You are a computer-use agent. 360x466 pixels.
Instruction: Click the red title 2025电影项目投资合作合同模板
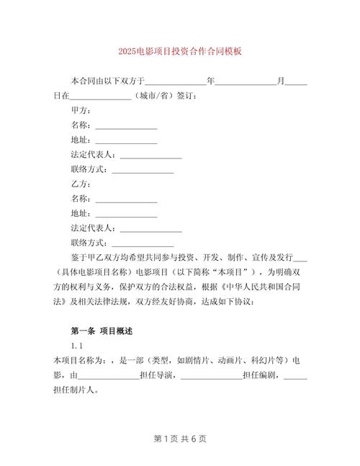coord(180,52)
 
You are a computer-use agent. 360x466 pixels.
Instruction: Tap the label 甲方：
coord(81,110)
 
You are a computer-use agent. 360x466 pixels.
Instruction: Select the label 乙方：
coord(81,184)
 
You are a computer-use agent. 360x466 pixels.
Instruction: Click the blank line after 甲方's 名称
coord(126,125)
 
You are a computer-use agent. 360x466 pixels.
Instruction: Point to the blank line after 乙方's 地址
coord(126,214)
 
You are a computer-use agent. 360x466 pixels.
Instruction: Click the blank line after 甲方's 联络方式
coord(143,170)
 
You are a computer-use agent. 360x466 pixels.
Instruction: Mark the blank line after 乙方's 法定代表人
coord(150,228)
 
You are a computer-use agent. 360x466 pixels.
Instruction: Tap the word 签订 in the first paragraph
coord(184,96)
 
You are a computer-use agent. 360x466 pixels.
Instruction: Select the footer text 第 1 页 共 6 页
coord(180,439)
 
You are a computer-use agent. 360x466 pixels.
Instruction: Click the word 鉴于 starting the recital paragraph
coord(78,258)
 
